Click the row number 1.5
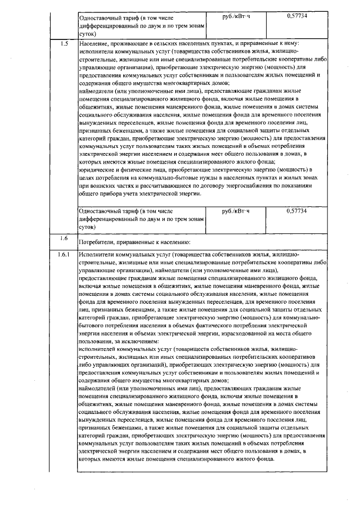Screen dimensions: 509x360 pos(64,43)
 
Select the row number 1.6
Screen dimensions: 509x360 pos(64,238)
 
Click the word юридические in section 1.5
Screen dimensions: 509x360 pos(97,169)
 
